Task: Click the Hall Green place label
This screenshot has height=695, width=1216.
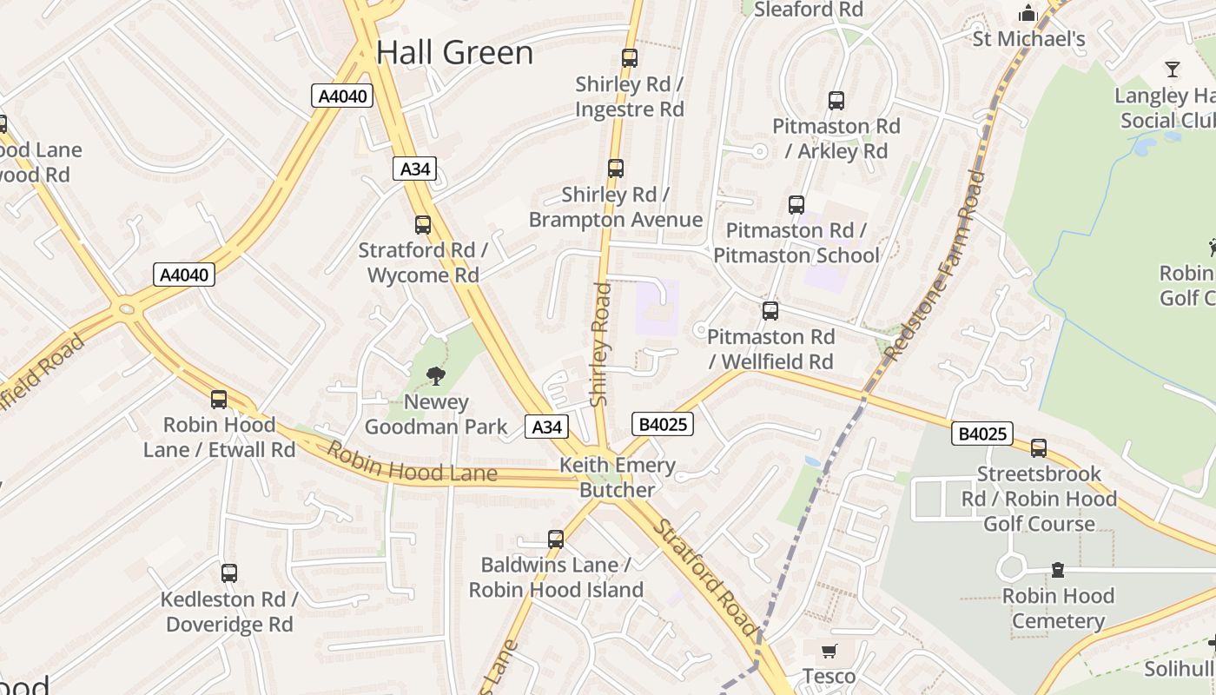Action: tap(454, 53)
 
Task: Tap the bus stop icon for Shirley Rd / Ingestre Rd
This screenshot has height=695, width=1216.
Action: tap(630, 58)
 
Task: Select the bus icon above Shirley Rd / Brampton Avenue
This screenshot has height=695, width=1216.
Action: tap(616, 168)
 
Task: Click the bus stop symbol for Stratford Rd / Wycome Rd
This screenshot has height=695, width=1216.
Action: tap(423, 225)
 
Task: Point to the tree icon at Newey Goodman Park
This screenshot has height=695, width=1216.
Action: tap(436, 376)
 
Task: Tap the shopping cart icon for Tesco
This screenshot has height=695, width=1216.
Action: tap(829, 651)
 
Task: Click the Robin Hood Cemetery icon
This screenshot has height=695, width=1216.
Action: tap(1058, 570)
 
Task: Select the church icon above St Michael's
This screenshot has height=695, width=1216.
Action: tap(1028, 13)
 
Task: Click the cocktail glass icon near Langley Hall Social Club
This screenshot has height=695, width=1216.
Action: tap(1173, 69)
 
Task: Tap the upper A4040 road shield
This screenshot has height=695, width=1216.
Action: tap(342, 96)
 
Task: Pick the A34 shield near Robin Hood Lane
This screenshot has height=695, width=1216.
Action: tap(547, 427)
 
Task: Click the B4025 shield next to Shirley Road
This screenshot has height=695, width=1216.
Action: tap(663, 424)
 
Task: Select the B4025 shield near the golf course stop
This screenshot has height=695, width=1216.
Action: tap(982, 433)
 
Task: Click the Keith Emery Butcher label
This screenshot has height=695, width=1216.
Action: tap(617, 477)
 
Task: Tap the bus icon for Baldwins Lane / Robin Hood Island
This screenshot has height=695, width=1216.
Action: tap(556, 539)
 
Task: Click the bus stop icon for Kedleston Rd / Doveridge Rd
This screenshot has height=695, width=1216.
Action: tap(229, 573)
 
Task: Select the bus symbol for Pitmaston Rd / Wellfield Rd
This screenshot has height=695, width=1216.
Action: tap(770, 311)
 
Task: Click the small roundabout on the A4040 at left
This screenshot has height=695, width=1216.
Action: tap(128, 308)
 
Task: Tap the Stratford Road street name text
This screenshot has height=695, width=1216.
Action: tap(706, 577)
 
